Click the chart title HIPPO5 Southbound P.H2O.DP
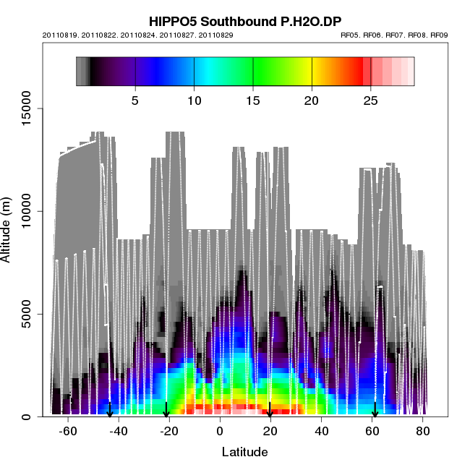pyautogui.click(x=244, y=20)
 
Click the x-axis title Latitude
pyautogui.click(x=244, y=452)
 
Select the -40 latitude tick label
pyautogui.click(x=118, y=431)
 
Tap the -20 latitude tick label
pyautogui.click(x=168, y=431)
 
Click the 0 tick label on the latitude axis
pyautogui.click(x=220, y=431)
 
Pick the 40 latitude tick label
pyautogui.click(x=322, y=431)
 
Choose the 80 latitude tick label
pyautogui.click(x=423, y=431)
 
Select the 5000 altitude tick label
pyautogui.click(x=28, y=314)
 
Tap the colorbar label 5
pyautogui.click(x=135, y=100)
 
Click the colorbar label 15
pyautogui.click(x=253, y=100)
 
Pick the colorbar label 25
pyautogui.click(x=370, y=100)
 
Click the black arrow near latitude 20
pyautogui.click(x=270, y=410)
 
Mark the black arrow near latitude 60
pyautogui.click(x=375, y=410)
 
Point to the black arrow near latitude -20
pyautogui.click(x=166, y=410)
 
